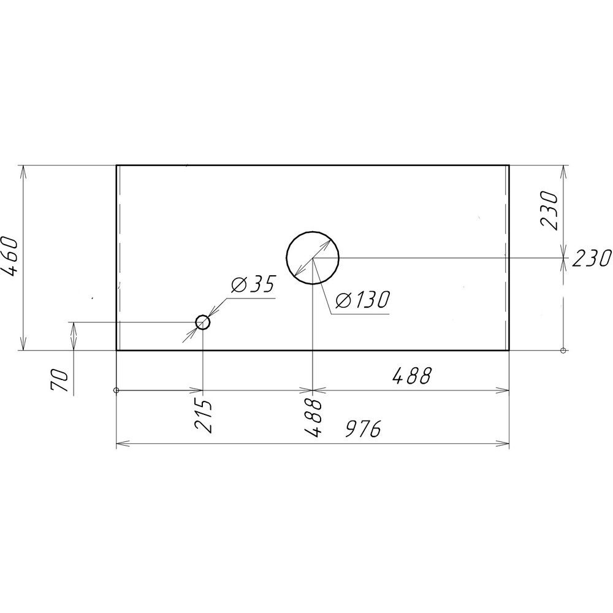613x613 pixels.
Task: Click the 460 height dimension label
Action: tap(9, 256)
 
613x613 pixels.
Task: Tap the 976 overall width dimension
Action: tap(363, 429)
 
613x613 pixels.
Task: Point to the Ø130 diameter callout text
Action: tap(363, 300)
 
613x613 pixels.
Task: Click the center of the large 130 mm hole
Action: tap(313, 257)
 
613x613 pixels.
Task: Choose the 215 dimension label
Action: tap(204, 416)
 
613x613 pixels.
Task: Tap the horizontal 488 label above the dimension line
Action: tap(411, 376)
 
